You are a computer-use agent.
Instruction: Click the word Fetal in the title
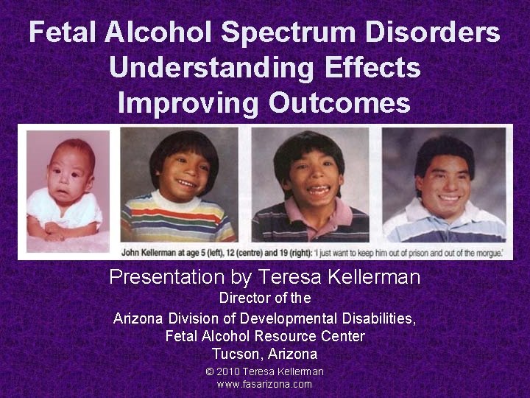coord(62,33)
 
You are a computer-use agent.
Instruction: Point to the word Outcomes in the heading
coord(339,102)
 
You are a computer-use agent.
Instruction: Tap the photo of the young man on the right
coord(445,185)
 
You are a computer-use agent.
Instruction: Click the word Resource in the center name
coord(289,336)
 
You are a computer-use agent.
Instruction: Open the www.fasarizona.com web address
coord(264,384)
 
